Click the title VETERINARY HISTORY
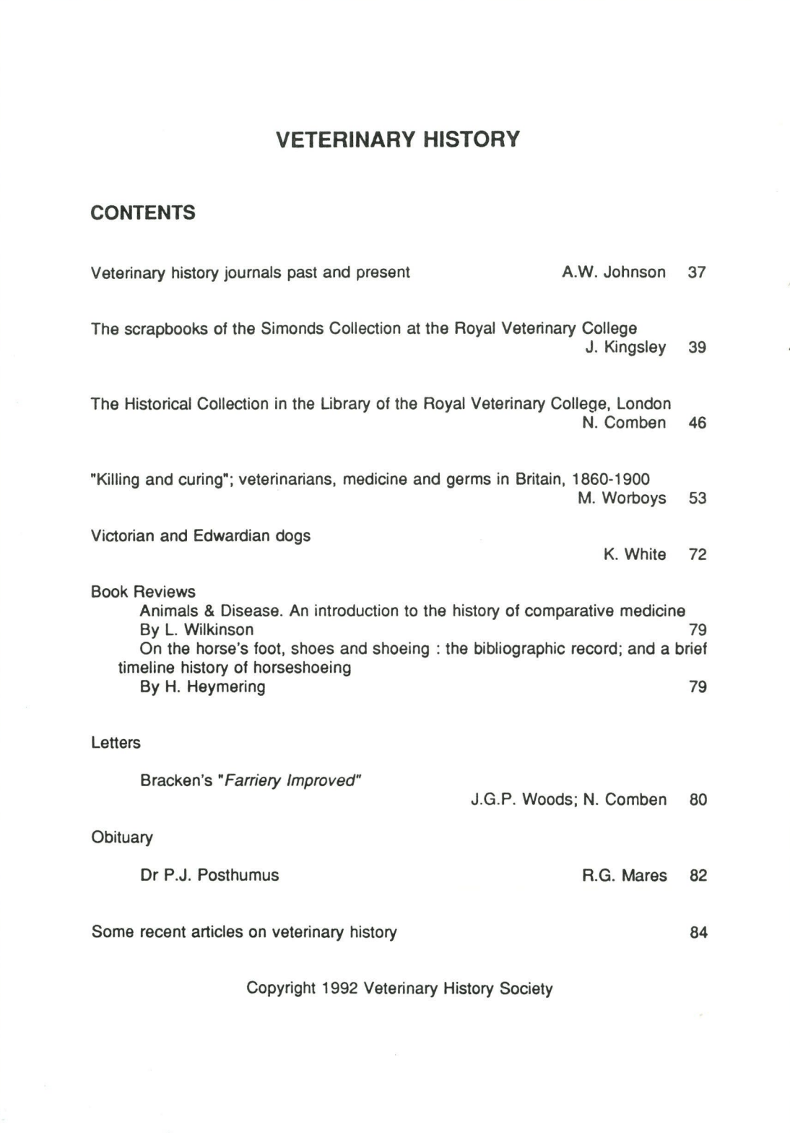click(x=397, y=139)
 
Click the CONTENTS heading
click(x=143, y=213)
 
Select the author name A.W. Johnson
click(x=613, y=272)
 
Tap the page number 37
click(x=696, y=272)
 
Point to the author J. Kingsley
click(x=625, y=348)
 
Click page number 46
click(x=697, y=423)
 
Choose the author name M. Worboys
click(x=621, y=498)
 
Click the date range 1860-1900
click(x=610, y=479)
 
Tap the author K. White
click(x=634, y=554)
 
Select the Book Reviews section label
click(x=143, y=592)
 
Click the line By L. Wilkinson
click(x=196, y=629)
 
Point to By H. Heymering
click(x=202, y=686)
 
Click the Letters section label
click(x=116, y=743)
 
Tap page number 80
click(x=698, y=800)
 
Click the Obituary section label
click(x=122, y=837)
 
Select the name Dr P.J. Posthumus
click(x=209, y=875)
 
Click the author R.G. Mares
click(x=624, y=876)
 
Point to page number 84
click(x=698, y=932)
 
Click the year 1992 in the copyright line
click(x=340, y=988)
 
